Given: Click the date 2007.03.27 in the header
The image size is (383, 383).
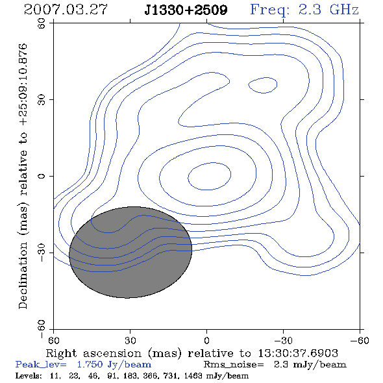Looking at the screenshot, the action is [66, 10].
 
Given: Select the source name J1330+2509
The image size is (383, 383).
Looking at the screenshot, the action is [186, 10].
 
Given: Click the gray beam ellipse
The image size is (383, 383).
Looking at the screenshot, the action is [130, 253].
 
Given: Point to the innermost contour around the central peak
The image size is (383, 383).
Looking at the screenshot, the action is [231, 175].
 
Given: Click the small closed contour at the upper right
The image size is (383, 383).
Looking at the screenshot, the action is [277, 84].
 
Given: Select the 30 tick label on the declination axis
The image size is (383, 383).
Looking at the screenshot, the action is [42, 100].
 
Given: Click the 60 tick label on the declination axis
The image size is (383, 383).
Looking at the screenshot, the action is [42, 23].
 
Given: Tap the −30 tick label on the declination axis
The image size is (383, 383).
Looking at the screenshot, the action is [42, 253].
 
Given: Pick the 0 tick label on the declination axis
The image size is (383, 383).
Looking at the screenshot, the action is [42, 176].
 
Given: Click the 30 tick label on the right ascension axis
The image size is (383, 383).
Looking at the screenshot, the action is [130, 340].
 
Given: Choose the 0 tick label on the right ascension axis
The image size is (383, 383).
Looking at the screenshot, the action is [206, 340].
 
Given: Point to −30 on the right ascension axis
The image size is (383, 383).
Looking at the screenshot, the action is [283, 340].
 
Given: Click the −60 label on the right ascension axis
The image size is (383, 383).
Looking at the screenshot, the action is [360, 340].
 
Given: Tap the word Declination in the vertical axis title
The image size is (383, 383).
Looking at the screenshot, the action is [23, 275].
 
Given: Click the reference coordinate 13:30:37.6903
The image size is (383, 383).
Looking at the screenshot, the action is [298, 353].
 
